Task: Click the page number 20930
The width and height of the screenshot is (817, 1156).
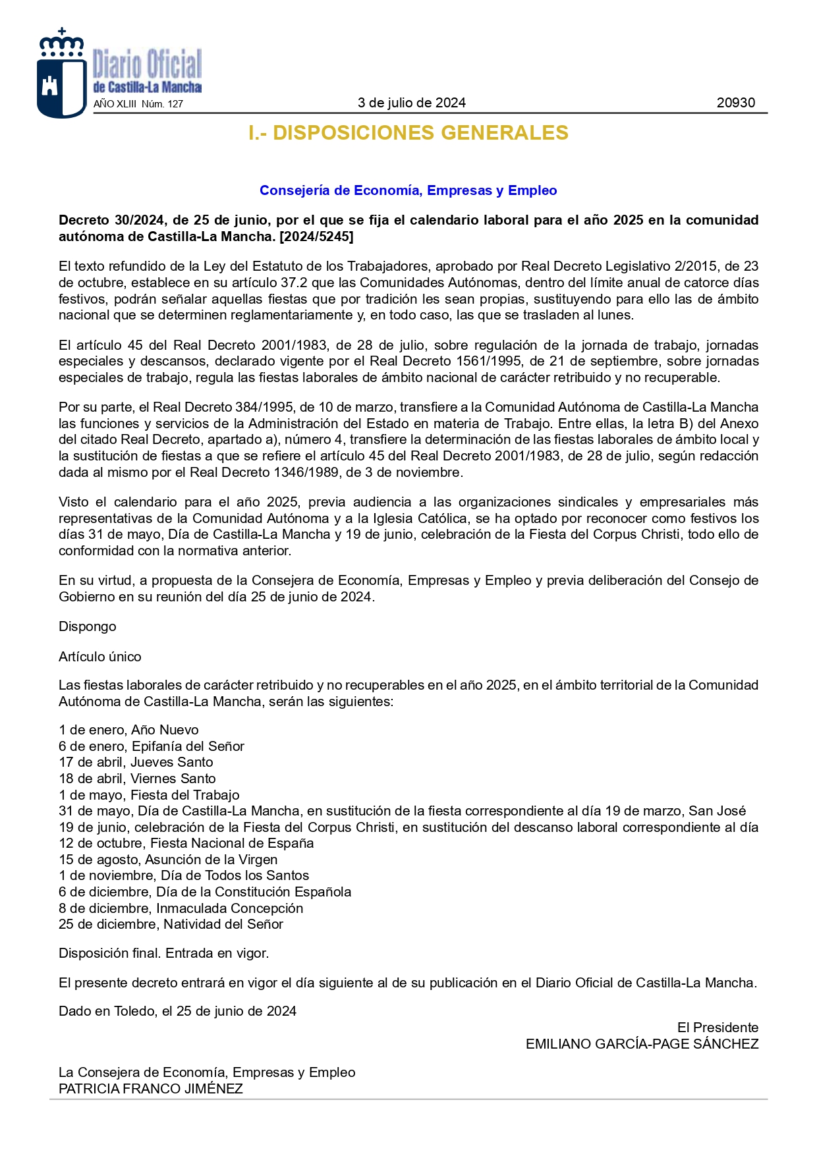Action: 735,103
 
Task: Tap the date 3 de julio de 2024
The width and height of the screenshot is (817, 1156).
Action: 411,103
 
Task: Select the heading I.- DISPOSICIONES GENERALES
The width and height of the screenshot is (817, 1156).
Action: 408,133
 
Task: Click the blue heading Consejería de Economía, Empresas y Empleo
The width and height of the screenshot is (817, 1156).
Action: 408,190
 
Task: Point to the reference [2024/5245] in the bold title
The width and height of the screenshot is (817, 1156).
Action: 316,236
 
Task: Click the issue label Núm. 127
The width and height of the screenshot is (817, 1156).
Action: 162,104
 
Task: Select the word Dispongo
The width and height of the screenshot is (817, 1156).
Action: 87,626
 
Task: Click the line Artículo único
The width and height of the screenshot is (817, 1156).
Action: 99,657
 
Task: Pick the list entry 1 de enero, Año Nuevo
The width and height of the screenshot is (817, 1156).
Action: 128,730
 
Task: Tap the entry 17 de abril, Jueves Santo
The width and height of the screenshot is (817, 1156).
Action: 136,762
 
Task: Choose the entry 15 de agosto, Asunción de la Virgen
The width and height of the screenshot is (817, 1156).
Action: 168,860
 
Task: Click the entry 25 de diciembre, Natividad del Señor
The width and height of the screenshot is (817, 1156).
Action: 171,924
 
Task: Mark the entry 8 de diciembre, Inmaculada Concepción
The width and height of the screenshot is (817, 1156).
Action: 181,908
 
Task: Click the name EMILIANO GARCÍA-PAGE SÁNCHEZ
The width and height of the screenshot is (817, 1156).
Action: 642,1044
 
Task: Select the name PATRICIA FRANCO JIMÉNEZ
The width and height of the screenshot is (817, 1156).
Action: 150,1089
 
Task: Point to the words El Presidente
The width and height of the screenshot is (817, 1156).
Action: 718,1028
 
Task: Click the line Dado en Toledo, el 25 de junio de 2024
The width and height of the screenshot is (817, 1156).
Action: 177,1011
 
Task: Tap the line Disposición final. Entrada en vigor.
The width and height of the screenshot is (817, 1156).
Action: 163,953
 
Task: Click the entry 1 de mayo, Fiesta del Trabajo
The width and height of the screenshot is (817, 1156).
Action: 149,795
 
